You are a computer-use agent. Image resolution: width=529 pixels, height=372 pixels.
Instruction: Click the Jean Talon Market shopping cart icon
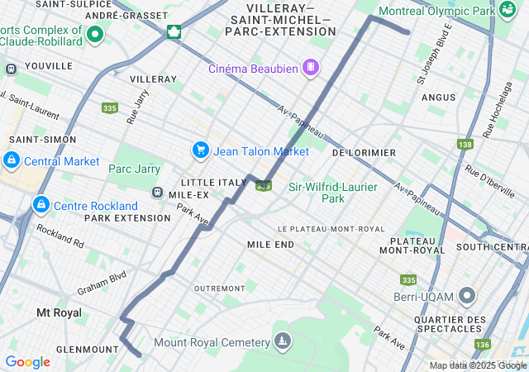click(200, 150)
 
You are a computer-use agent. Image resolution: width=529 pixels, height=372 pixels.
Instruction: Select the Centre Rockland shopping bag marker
click(41, 204)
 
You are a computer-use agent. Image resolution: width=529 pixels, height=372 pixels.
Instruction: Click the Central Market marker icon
click(12, 160)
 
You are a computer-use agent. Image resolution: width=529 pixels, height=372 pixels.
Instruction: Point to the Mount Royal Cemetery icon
click(284, 342)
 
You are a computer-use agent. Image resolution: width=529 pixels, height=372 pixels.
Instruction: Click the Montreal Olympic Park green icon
click(508, 10)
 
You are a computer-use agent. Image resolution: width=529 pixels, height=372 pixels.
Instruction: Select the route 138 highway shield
click(465, 144)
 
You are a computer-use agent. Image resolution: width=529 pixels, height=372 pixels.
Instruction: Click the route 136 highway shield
click(483, 344)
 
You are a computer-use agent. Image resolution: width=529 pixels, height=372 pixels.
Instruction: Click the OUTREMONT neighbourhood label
click(218, 288)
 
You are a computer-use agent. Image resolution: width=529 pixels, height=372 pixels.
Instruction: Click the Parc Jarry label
click(134, 169)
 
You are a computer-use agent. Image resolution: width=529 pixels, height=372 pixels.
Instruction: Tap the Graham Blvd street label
click(101, 283)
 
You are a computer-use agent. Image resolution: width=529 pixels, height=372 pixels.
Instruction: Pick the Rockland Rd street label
click(60, 239)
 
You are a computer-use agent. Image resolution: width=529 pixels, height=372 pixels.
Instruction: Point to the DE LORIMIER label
click(364, 153)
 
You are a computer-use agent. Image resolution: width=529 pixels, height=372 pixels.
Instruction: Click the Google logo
click(27, 362)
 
